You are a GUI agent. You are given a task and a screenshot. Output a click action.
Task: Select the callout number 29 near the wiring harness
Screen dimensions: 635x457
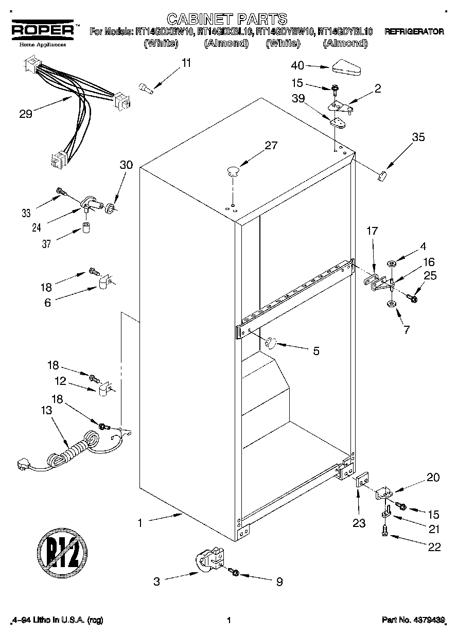tap(25, 114)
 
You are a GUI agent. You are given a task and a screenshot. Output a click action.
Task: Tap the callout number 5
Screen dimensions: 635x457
tap(316, 351)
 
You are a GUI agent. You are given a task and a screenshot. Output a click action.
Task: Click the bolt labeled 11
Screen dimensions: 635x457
tap(146, 89)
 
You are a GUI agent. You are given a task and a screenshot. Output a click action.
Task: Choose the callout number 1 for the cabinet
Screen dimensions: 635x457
tap(139, 523)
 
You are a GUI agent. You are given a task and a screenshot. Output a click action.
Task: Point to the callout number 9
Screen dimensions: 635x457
tap(279, 582)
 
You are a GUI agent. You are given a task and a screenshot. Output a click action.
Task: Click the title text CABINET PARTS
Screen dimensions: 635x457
tap(227, 20)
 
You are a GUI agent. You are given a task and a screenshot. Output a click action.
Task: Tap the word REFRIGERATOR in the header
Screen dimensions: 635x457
tap(414, 31)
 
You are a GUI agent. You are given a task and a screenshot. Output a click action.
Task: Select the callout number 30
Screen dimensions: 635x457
tap(126, 165)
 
